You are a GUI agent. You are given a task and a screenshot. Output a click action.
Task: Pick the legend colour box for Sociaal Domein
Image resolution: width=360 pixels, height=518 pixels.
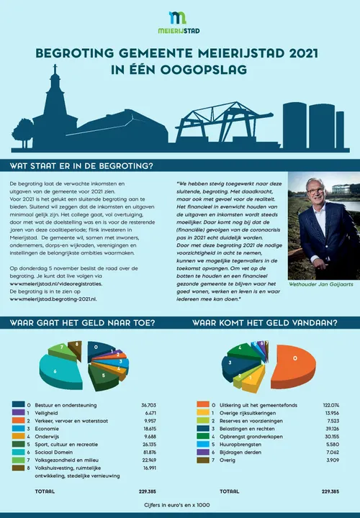(19, 451)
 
